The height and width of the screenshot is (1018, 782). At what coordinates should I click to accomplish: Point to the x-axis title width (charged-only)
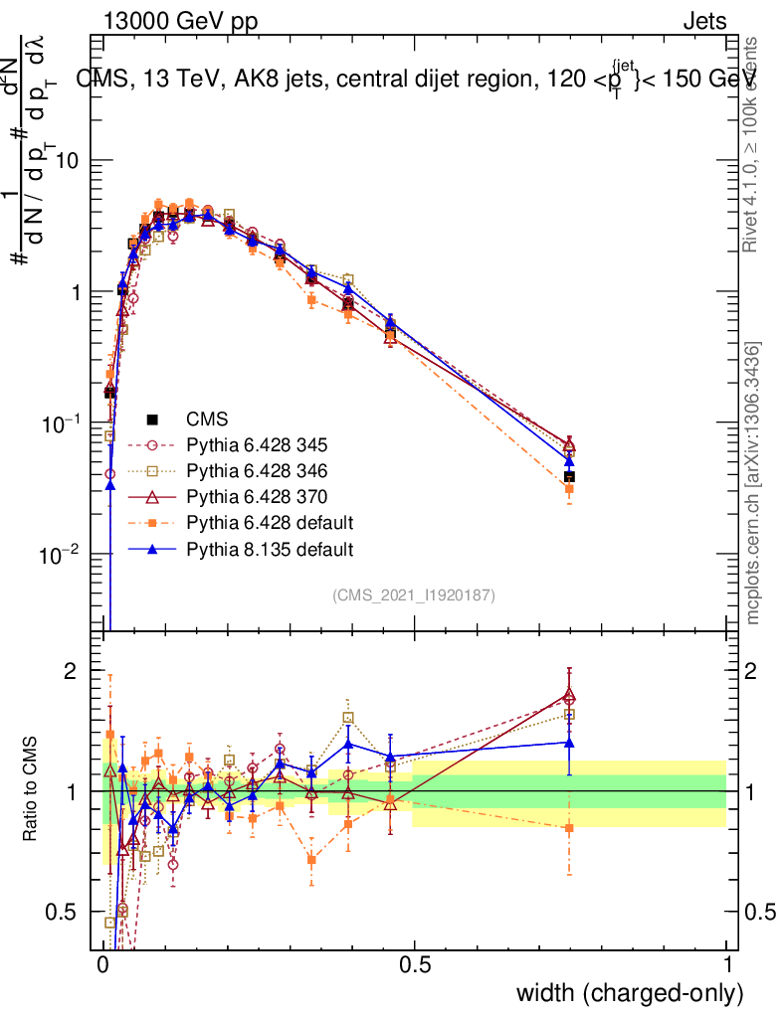tap(630, 993)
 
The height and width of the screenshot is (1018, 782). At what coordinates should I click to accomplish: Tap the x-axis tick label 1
tap(727, 964)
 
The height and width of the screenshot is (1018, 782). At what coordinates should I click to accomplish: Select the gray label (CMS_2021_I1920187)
tap(414, 595)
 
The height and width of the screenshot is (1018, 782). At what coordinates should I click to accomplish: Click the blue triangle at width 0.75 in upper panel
tap(569, 460)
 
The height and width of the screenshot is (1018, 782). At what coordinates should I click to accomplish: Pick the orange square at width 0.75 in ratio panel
tap(569, 827)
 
